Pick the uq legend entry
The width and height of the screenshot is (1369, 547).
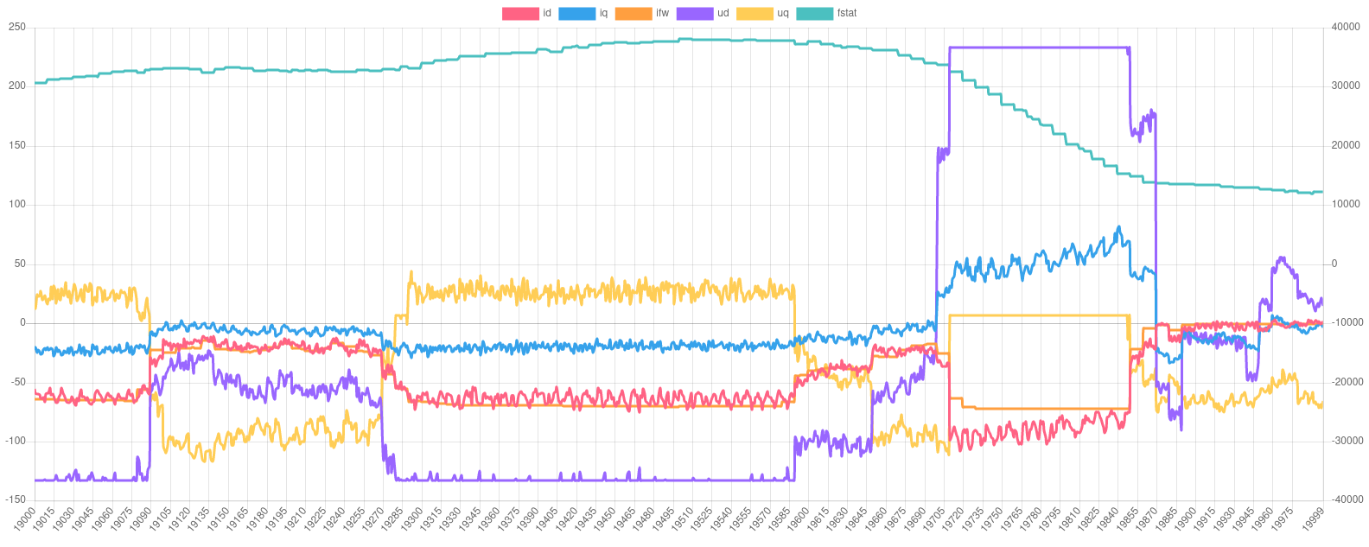point(761,14)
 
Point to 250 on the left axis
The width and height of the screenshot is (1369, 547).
point(17,27)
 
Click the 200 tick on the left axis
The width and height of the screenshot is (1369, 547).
point(17,86)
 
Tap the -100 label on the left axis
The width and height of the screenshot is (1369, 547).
point(15,441)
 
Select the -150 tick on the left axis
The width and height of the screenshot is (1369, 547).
point(15,499)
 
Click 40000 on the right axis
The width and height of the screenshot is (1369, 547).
point(1347,27)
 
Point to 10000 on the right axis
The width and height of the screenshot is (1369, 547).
point(1347,204)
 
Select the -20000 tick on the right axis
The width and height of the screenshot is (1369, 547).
point(1345,381)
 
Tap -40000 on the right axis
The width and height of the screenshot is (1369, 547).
point(1345,499)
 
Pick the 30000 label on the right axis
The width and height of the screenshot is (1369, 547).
point(1347,86)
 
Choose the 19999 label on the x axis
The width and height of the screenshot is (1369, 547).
point(1314,520)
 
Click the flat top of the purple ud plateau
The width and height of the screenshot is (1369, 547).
point(1037,48)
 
